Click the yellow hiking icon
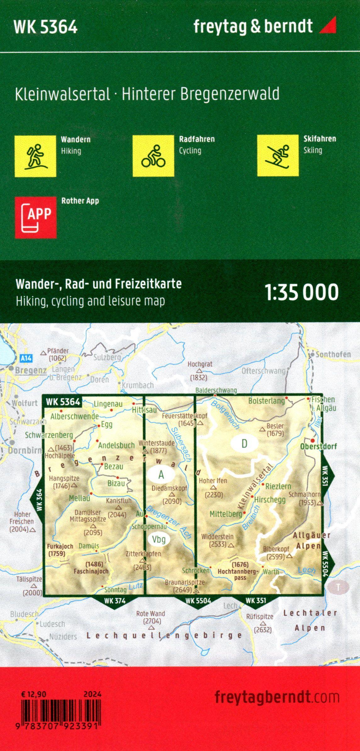pyautogui.click(x=35, y=156)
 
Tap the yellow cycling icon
pyautogui.click(x=153, y=156)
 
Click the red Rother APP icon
pyautogui.click(x=36, y=217)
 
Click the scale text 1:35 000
pyautogui.click(x=302, y=292)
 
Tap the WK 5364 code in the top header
pyautogui.click(x=46, y=28)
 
